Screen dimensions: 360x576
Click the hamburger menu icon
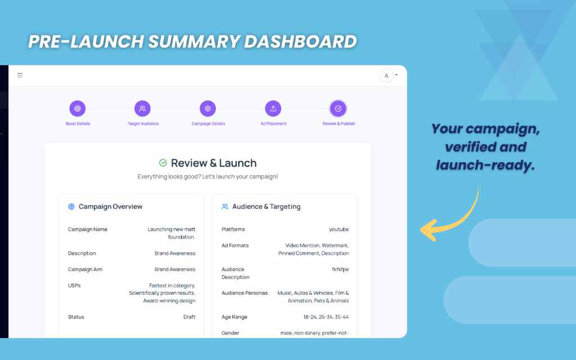tap(20, 75)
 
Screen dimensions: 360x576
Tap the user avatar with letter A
tap(386, 75)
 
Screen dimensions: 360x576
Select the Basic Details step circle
tap(78, 109)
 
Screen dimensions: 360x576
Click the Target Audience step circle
tap(143, 109)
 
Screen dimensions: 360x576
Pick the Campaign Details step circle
tap(208, 109)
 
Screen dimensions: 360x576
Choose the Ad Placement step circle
tap(273, 109)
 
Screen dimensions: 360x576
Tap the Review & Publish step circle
tap(338, 109)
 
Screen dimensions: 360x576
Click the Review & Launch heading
tap(214, 163)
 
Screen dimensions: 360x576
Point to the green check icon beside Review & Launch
tap(163, 163)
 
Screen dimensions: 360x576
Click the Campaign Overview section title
tap(110, 206)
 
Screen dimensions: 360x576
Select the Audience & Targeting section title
tap(266, 206)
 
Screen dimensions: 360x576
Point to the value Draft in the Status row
tap(189, 317)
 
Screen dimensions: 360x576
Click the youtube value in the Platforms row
tap(339, 229)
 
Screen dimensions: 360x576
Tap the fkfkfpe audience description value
tap(340, 269)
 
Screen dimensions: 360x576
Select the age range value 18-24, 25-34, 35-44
tap(326, 317)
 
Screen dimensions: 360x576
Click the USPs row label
tap(74, 285)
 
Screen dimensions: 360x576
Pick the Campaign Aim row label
tap(85, 269)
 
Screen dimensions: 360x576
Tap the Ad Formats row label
tap(235, 245)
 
